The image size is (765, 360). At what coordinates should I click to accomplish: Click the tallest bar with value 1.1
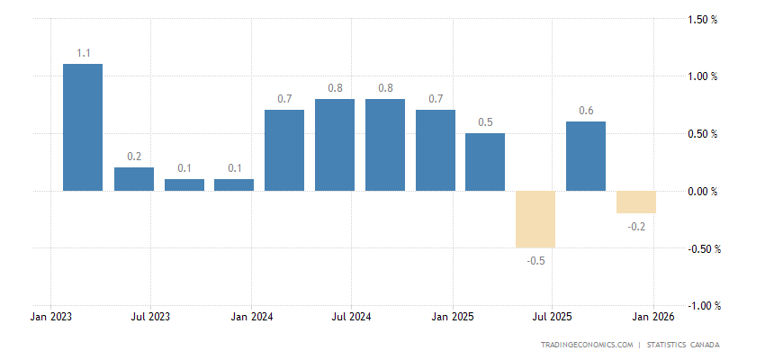(x=83, y=127)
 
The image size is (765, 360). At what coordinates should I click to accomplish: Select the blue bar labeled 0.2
(x=134, y=179)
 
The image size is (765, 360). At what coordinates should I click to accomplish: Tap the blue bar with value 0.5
(x=485, y=162)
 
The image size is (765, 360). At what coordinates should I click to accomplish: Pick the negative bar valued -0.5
(x=535, y=219)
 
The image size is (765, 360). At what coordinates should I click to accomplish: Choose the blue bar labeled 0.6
(x=585, y=157)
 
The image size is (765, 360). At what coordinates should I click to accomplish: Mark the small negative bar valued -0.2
(x=635, y=202)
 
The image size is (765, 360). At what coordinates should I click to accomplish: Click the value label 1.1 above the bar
(x=83, y=54)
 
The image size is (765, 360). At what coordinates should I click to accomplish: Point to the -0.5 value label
(x=535, y=261)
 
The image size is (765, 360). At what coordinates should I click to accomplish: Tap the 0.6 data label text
(x=585, y=112)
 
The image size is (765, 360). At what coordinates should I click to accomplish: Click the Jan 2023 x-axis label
(x=50, y=317)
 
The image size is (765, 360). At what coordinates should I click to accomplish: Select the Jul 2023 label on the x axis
(x=151, y=317)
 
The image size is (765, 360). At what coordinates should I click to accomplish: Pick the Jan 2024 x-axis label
(x=251, y=317)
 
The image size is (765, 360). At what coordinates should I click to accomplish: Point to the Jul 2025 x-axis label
(x=553, y=317)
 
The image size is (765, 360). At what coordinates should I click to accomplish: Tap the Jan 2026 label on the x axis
(x=652, y=317)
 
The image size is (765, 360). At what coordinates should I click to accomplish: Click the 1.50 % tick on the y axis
(x=701, y=19)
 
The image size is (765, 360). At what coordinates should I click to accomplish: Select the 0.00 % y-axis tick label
(x=701, y=192)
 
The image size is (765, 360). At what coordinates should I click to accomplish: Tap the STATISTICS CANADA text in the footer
(x=684, y=345)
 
